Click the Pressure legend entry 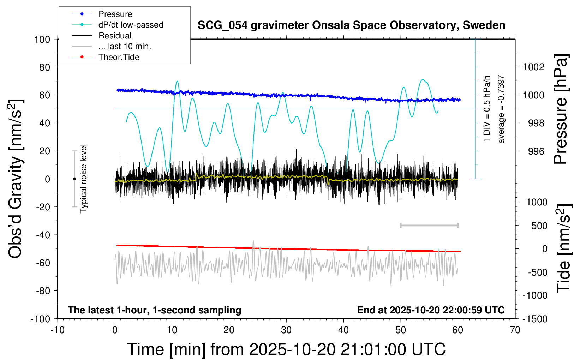click(102, 14)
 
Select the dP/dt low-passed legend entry click(118, 25)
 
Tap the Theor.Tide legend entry click(106, 57)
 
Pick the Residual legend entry click(102, 36)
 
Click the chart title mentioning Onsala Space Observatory click(351, 25)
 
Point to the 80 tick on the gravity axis click(44, 67)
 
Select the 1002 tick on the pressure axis click(533, 67)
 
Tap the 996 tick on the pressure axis click(536, 151)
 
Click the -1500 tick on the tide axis click(535, 319)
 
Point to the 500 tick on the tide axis click(539, 226)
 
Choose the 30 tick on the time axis click(286, 330)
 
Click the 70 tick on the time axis click(515, 330)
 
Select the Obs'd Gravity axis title click(15, 179)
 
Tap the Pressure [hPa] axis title click(561, 109)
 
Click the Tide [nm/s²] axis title click(563, 248)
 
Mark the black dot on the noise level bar click(74, 179)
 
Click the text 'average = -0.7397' click(501, 109)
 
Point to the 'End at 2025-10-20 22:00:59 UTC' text click(431, 310)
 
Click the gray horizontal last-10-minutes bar click(429, 226)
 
